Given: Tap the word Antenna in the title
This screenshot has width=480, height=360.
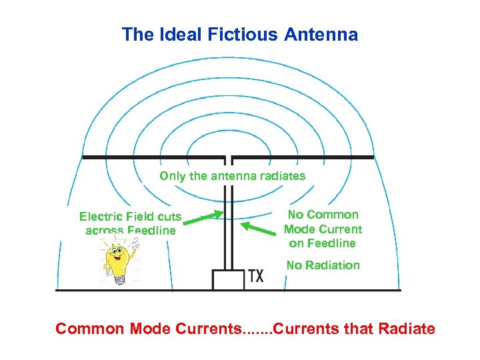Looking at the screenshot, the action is tap(319, 35).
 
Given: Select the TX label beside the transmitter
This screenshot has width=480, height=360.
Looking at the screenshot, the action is tap(255, 276).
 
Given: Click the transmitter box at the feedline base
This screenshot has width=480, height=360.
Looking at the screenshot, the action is tap(228, 279).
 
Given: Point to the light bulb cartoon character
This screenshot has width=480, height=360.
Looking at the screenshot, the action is tap(118, 261).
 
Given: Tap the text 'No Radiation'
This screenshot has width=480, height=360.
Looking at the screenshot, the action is tap(323, 265).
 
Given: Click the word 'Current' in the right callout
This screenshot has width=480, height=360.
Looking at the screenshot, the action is tap(340, 229).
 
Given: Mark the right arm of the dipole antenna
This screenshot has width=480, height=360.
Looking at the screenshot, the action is tap(303, 158).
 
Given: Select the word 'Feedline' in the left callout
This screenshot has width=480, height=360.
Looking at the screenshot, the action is tap(151, 231).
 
